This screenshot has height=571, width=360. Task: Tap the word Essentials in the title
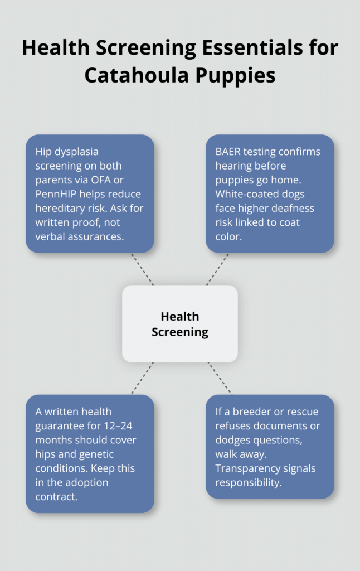tap(230, 48)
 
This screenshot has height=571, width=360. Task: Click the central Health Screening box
tap(179, 324)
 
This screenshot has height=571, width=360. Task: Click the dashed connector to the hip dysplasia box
tap(142, 269)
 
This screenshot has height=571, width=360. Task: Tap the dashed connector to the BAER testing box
tap(217, 269)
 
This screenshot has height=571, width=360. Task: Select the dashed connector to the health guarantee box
tap(143, 378)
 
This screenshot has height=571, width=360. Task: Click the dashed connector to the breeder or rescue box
tap(220, 378)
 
